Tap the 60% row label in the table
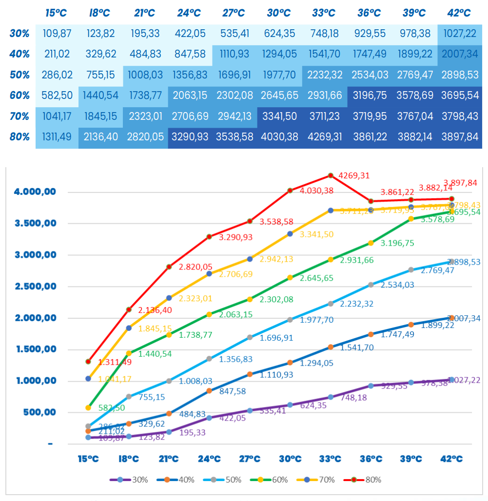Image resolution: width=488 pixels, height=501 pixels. (x=20, y=95)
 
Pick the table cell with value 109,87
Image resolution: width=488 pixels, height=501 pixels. (x=58, y=34)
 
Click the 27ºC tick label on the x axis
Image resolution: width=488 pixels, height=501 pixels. (x=250, y=459)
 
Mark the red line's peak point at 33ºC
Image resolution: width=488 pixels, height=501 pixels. (x=331, y=175)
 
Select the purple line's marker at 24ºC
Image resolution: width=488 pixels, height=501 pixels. (x=209, y=418)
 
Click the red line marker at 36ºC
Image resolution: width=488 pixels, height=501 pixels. (x=371, y=201)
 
